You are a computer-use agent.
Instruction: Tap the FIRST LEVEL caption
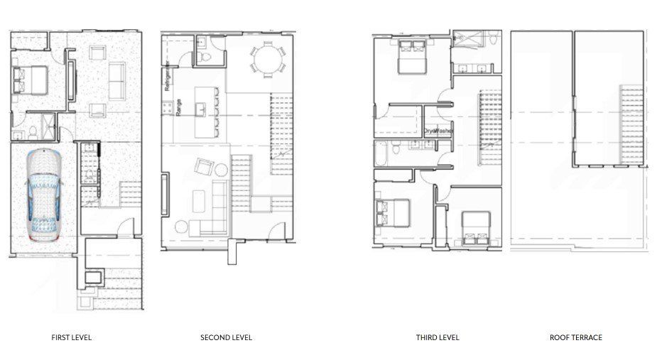(71, 337)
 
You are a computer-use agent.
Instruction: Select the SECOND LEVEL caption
(226, 337)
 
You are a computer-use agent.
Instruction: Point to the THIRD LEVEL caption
(438, 337)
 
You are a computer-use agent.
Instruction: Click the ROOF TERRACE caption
(575, 337)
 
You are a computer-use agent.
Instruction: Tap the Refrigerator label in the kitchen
(167, 77)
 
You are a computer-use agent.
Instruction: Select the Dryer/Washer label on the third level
(438, 131)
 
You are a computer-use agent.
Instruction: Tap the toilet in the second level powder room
(203, 56)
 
